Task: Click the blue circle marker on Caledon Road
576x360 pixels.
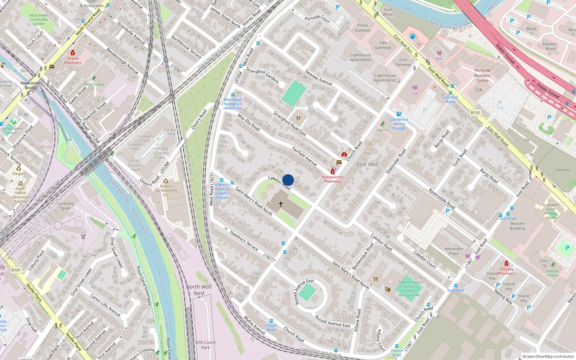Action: [x=288, y=180]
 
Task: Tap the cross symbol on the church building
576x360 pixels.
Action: [x=281, y=204]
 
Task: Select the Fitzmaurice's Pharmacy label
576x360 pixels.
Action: [x=332, y=179]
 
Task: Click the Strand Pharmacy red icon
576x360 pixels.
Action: [x=73, y=53]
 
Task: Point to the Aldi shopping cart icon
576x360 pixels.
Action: [x=439, y=53]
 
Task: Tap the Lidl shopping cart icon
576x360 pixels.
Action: [x=415, y=87]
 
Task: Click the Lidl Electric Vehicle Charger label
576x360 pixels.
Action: [x=399, y=124]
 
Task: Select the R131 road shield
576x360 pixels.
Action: [x=475, y=113]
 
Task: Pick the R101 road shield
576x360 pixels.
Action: [x=16, y=270]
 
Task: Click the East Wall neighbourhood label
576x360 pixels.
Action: [x=367, y=164]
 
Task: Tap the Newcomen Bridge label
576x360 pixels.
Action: [x=31, y=85]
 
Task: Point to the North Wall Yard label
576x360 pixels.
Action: [x=199, y=290]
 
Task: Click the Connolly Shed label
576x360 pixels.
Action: [x=65, y=206]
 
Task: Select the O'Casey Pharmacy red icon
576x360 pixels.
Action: [x=507, y=263]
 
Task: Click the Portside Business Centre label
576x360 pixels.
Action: [x=482, y=75]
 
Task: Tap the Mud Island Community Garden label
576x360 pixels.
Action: [x=39, y=19]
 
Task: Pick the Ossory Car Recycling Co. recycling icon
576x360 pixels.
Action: [x=166, y=181]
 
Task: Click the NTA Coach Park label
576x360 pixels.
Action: [x=205, y=345]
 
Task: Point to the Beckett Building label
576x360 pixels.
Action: [x=518, y=226]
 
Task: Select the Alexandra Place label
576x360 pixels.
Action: [x=454, y=251]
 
